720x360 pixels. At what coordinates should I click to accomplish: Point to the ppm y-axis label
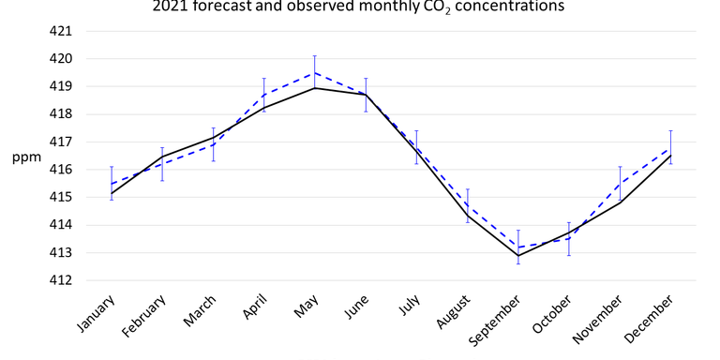(25, 157)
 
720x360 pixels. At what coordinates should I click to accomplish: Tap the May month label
(302, 307)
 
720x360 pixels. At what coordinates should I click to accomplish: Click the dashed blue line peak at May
(315, 72)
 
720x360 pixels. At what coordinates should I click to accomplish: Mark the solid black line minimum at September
(518, 255)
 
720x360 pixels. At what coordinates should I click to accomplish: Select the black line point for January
(112, 193)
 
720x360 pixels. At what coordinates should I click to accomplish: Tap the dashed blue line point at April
(264, 95)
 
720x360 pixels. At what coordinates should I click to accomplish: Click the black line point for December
(671, 156)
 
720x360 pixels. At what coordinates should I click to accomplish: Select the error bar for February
(162, 164)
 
